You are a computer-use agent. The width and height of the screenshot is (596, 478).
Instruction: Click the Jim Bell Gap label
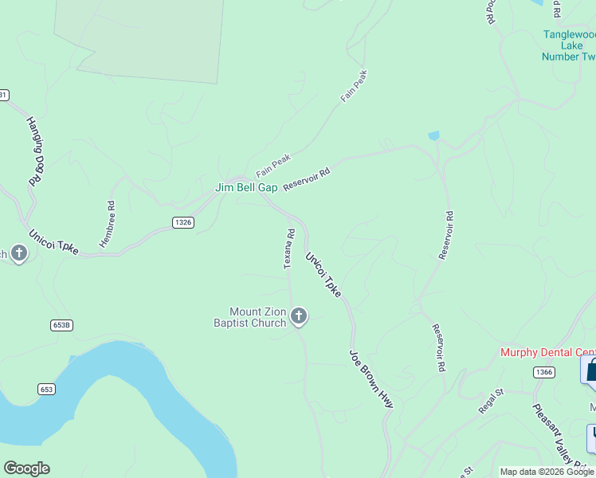pyautogui.click(x=246, y=188)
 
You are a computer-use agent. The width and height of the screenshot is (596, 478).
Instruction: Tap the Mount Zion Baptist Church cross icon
pyautogui.click(x=299, y=317)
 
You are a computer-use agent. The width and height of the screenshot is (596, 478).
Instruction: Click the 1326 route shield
pyautogui.click(x=182, y=222)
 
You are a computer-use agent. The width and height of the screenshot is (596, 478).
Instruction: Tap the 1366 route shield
pyautogui.click(x=544, y=372)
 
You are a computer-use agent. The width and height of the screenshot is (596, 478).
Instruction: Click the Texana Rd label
pyautogui.click(x=290, y=249)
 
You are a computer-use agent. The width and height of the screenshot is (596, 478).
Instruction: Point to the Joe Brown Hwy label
pyautogui.click(x=371, y=379)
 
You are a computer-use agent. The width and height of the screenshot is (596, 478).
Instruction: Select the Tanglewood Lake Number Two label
pyautogui.click(x=569, y=45)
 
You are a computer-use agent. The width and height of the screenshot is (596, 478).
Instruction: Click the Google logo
pyautogui.click(x=26, y=468)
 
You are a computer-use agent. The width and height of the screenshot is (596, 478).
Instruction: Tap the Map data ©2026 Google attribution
pyautogui.click(x=547, y=472)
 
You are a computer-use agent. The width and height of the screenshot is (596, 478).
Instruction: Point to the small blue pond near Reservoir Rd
pyautogui.click(x=433, y=136)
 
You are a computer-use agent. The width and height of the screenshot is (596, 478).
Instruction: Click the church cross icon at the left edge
pyautogui.click(x=19, y=253)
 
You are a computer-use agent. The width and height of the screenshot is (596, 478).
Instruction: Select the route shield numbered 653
pyautogui.click(x=46, y=389)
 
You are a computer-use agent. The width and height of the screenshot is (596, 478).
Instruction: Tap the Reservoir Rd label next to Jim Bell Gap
pyautogui.click(x=306, y=177)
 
